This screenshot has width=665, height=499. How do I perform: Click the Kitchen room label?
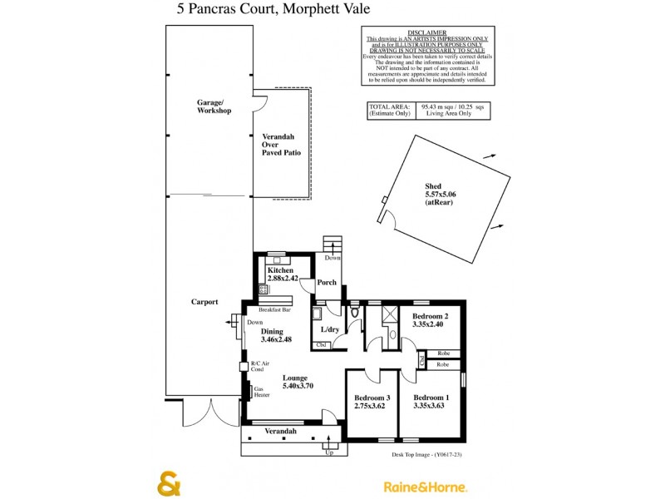pos(280,271)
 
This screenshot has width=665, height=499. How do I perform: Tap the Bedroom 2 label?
pos(430,317)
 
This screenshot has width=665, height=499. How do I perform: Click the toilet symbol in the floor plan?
pos(355,313)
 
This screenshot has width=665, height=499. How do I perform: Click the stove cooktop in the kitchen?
pos(264,289)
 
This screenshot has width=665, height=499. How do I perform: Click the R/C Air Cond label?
pos(261,368)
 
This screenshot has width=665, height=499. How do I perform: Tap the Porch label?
pos(328,282)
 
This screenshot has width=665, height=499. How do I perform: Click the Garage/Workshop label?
pos(214,106)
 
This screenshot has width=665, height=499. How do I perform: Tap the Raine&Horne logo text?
pos(424,487)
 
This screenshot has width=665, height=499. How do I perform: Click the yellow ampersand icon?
pos(170,483)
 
